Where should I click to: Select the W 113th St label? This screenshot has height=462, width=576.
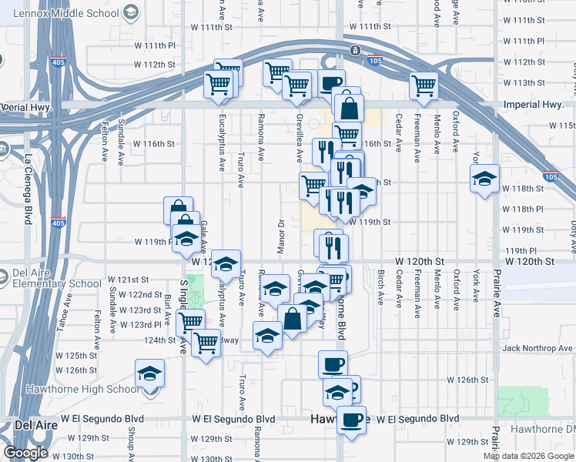pos(523,82)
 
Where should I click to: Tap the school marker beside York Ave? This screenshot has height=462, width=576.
pos(484,180)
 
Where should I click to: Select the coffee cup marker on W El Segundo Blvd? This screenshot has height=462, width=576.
pos(351,420)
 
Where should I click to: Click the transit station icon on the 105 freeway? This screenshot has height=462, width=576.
pos(355,50)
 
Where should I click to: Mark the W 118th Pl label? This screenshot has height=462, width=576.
pos(523,209)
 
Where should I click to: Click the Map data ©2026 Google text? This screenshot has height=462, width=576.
pos(529,456)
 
